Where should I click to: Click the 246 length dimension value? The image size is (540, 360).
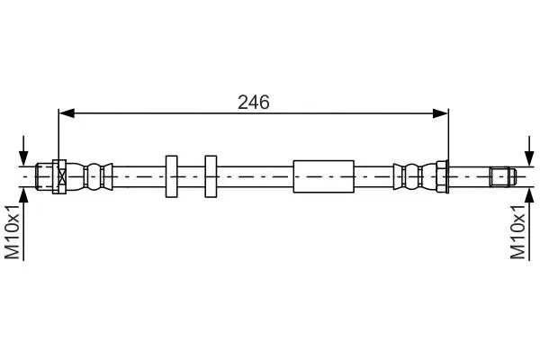254,103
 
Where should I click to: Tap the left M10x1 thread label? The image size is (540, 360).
13,231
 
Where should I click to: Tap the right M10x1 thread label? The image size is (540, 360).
518,231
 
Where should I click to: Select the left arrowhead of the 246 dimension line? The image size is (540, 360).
67,113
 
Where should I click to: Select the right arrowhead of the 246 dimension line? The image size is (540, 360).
440,113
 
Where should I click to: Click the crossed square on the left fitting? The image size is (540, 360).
62,176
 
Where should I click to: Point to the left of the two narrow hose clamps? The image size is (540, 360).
172,176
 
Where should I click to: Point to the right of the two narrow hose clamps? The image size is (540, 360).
211,176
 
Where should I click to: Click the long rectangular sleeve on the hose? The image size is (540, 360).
324,176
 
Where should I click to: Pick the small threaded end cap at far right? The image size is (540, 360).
503,176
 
